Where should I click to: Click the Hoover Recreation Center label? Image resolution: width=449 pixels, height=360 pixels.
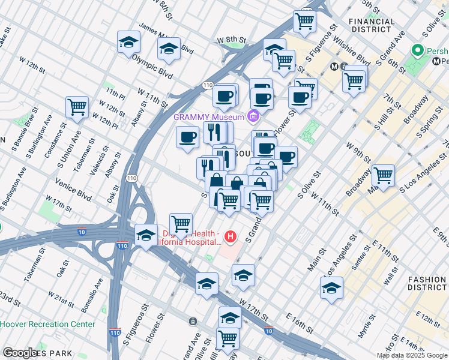47,324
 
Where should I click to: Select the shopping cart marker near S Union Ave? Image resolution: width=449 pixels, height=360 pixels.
77,107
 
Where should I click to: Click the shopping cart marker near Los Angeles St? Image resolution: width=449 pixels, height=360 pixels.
383,175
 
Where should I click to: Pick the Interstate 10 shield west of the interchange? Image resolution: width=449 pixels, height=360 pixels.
80,231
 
